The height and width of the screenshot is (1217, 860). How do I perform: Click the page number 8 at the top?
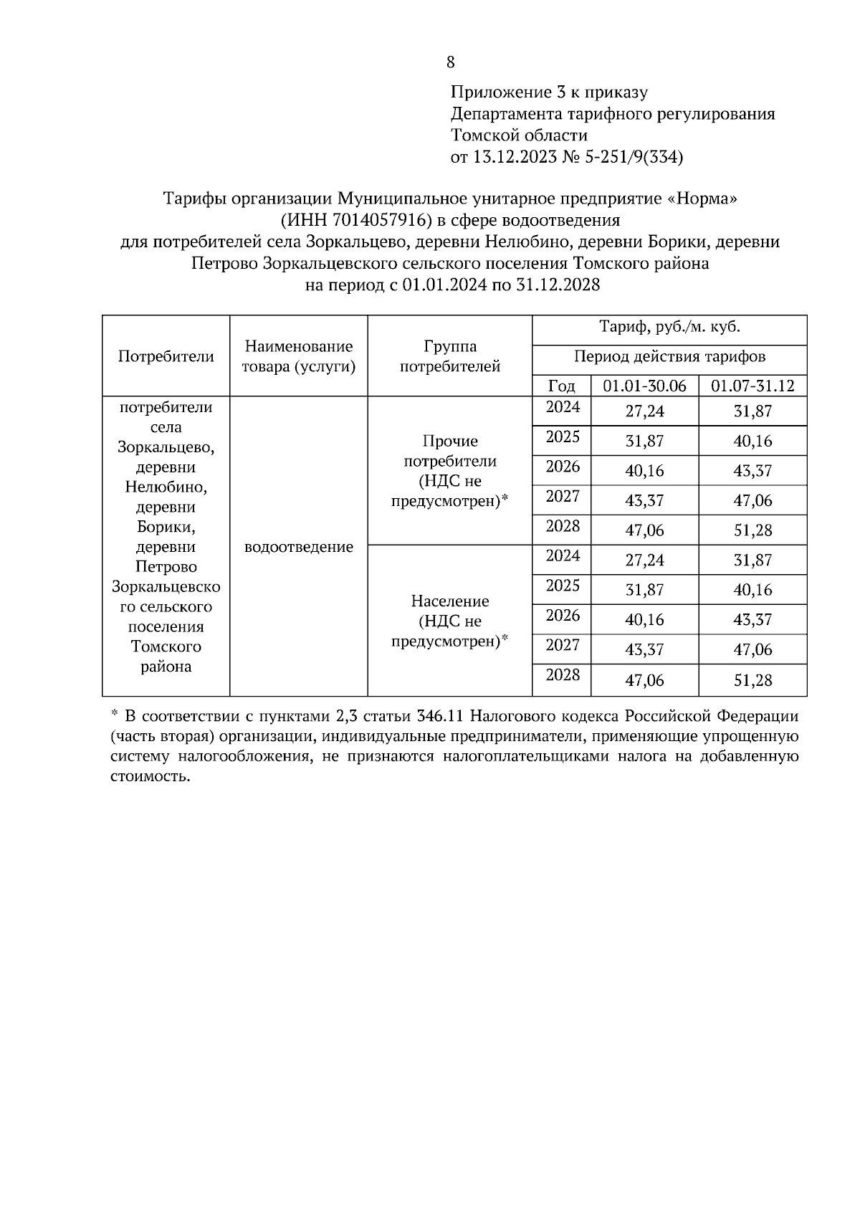[x=450, y=62]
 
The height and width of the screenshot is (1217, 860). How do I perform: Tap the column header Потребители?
[x=166, y=356]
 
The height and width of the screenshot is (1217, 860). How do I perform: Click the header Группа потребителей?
[x=449, y=356]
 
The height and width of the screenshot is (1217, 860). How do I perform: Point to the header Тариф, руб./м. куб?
[x=669, y=328]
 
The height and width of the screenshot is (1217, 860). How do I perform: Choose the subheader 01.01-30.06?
[x=644, y=386]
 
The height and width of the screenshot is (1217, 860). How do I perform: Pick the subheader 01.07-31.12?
[x=752, y=386]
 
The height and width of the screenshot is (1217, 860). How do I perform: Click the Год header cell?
[x=561, y=386]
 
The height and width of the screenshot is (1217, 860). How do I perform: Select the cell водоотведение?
[x=299, y=547]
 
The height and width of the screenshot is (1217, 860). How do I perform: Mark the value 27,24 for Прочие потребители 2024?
[x=644, y=411]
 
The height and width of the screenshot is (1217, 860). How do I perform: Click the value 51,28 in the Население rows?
[x=752, y=679]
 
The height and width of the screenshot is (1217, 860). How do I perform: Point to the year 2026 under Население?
[x=562, y=615]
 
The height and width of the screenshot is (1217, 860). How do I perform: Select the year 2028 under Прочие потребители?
[x=562, y=526]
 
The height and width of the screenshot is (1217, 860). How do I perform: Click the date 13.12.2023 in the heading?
[x=514, y=157]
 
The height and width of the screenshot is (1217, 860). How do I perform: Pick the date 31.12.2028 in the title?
[x=558, y=285]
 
